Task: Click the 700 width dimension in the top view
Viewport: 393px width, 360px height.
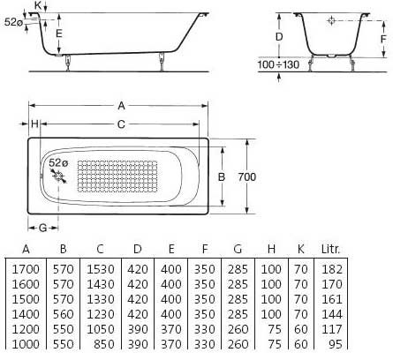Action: [248, 177]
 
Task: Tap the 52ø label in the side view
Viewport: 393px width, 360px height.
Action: [13, 24]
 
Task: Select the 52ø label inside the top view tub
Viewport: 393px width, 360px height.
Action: [57, 163]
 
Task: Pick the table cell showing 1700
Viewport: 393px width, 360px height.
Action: [26, 266]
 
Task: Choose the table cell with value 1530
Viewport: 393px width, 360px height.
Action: [100, 266]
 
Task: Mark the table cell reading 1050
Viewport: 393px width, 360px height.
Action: [100, 327]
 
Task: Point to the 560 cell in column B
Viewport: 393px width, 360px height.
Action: [63, 312]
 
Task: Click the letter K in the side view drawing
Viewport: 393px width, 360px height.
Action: [36, 6]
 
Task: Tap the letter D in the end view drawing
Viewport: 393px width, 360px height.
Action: [278, 37]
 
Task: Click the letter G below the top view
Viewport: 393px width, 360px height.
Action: [43, 229]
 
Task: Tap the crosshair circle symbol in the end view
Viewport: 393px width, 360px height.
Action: [330, 20]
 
